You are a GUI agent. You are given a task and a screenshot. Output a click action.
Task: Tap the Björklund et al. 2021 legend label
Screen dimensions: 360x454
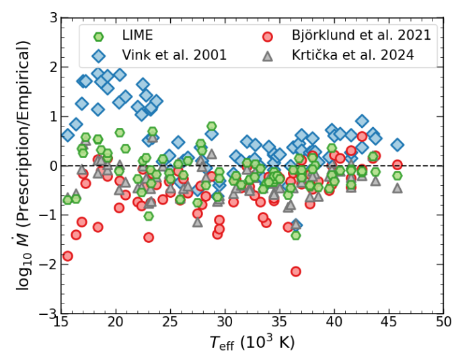(359, 34)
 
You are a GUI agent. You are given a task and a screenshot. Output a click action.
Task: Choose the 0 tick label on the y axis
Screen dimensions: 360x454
(50, 166)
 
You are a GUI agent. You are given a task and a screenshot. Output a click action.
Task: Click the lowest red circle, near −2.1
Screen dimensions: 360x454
(296, 271)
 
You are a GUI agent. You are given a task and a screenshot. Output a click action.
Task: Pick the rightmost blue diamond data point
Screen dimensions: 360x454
(398, 145)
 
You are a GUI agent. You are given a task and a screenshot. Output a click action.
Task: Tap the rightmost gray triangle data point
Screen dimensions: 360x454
(398, 188)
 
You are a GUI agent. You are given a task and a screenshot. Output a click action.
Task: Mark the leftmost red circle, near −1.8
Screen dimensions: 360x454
(67, 256)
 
